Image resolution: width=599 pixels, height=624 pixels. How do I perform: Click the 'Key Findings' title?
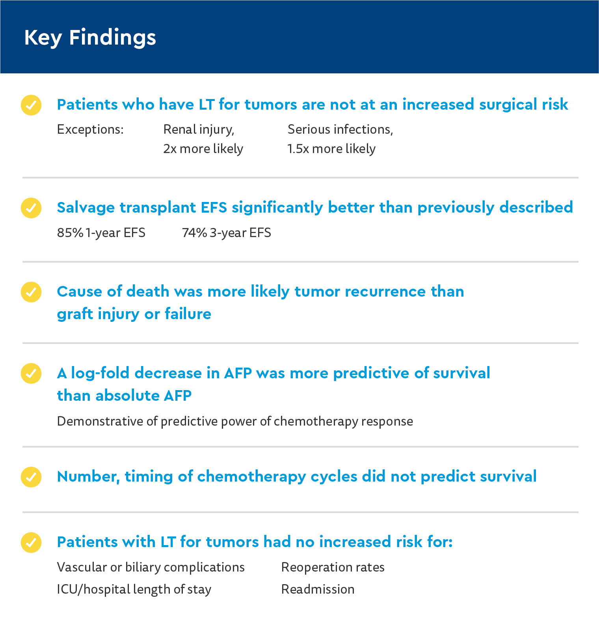click(x=90, y=37)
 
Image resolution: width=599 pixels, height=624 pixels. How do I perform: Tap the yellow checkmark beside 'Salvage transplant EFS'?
click(x=31, y=208)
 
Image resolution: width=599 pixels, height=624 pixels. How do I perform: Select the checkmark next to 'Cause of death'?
click(x=31, y=292)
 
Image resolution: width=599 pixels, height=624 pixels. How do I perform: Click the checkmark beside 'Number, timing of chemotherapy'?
click(x=31, y=477)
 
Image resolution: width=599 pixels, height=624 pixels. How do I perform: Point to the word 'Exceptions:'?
click(x=90, y=129)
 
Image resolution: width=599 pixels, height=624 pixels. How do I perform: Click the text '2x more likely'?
click(x=203, y=149)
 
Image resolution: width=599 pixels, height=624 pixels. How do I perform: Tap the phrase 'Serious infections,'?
click(x=340, y=129)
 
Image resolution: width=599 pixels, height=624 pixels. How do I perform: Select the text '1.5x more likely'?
click(x=331, y=149)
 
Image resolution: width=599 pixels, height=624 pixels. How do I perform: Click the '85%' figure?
click(x=70, y=233)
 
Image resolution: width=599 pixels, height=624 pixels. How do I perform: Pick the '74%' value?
click(x=194, y=233)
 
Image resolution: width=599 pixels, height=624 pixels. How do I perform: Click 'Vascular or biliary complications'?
click(x=151, y=567)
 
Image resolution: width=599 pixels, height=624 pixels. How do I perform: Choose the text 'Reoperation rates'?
click(x=333, y=567)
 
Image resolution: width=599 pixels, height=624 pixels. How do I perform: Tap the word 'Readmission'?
click(x=318, y=589)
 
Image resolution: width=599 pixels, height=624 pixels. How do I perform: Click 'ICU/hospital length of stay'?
click(x=134, y=589)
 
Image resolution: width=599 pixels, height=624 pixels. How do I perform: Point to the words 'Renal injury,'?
click(x=199, y=129)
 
